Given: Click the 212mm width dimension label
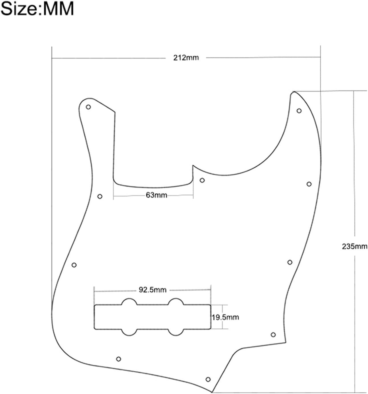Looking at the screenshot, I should (x=186, y=58).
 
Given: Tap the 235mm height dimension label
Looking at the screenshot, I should (x=355, y=246).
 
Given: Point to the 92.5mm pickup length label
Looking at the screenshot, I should (x=152, y=290).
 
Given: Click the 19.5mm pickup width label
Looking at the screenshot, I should (x=225, y=317).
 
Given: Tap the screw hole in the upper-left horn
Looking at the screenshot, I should (x=88, y=107).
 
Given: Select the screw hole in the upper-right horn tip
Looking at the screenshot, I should (x=299, y=111).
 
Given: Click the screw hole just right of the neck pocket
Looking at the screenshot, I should (x=202, y=180).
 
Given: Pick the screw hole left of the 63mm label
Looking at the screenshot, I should (x=100, y=196).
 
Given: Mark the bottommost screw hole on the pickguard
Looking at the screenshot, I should (x=208, y=379).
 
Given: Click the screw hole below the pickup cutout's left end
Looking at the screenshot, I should (x=119, y=359).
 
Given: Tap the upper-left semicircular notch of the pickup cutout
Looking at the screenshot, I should (x=130, y=302).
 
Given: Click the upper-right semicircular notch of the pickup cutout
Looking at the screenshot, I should (x=175, y=302).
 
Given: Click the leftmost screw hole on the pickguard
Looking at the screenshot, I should (x=74, y=265).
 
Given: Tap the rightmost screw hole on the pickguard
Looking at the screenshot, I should (x=309, y=184).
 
